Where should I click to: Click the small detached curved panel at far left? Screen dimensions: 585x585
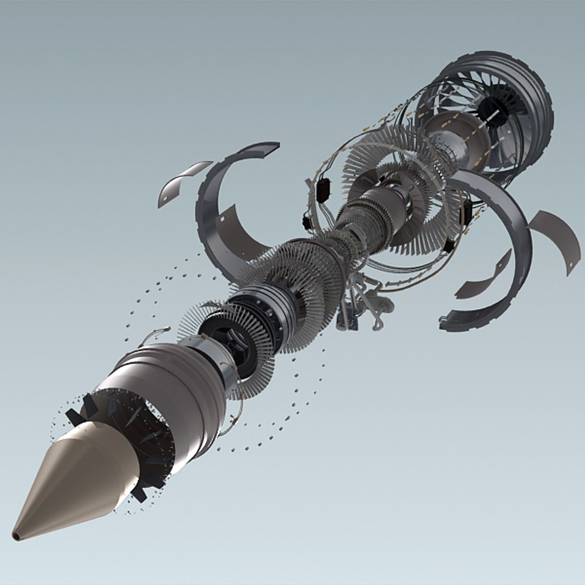181,181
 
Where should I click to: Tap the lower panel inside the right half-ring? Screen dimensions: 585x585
482,276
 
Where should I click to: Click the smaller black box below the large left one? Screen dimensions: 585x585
307,222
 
